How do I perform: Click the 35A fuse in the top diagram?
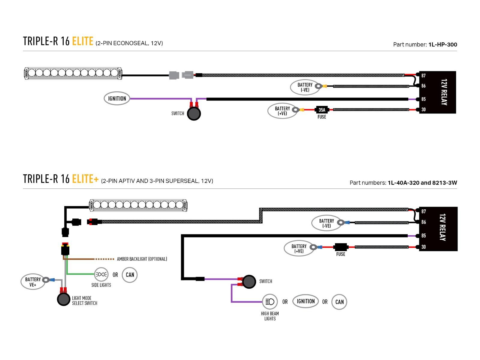coord(322,110)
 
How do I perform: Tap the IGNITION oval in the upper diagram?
coord(117,98)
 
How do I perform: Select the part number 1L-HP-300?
coord(443,45)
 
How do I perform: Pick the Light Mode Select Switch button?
coord(64,299)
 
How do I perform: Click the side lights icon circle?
coord(101,274)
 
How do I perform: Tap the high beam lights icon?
coord(270,301)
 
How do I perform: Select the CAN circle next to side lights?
coord(130,275)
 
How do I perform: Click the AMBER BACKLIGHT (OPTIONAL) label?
coord(142,259)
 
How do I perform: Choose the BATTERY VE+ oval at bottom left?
coord(33,281)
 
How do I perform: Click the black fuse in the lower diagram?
coord(340,247)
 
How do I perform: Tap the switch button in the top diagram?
coord(194,114)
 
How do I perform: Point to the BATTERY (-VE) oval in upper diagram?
coord(305,87)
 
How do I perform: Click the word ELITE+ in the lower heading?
coord(85,179)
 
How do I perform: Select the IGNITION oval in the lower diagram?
coord(306,301)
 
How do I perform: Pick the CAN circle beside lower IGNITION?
coord(339,302)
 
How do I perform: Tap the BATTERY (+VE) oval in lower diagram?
coord(299,248)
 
